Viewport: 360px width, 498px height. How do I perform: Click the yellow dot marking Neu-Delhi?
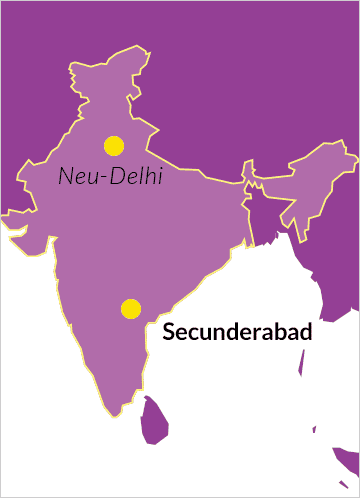[114, 145]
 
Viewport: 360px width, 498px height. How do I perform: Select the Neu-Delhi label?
[111, 177]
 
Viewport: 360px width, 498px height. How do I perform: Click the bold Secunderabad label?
[238, 332]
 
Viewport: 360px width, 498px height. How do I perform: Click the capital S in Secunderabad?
[168, 332]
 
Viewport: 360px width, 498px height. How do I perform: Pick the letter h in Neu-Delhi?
[148, 177]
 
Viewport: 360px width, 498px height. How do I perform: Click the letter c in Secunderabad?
[193, 334]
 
